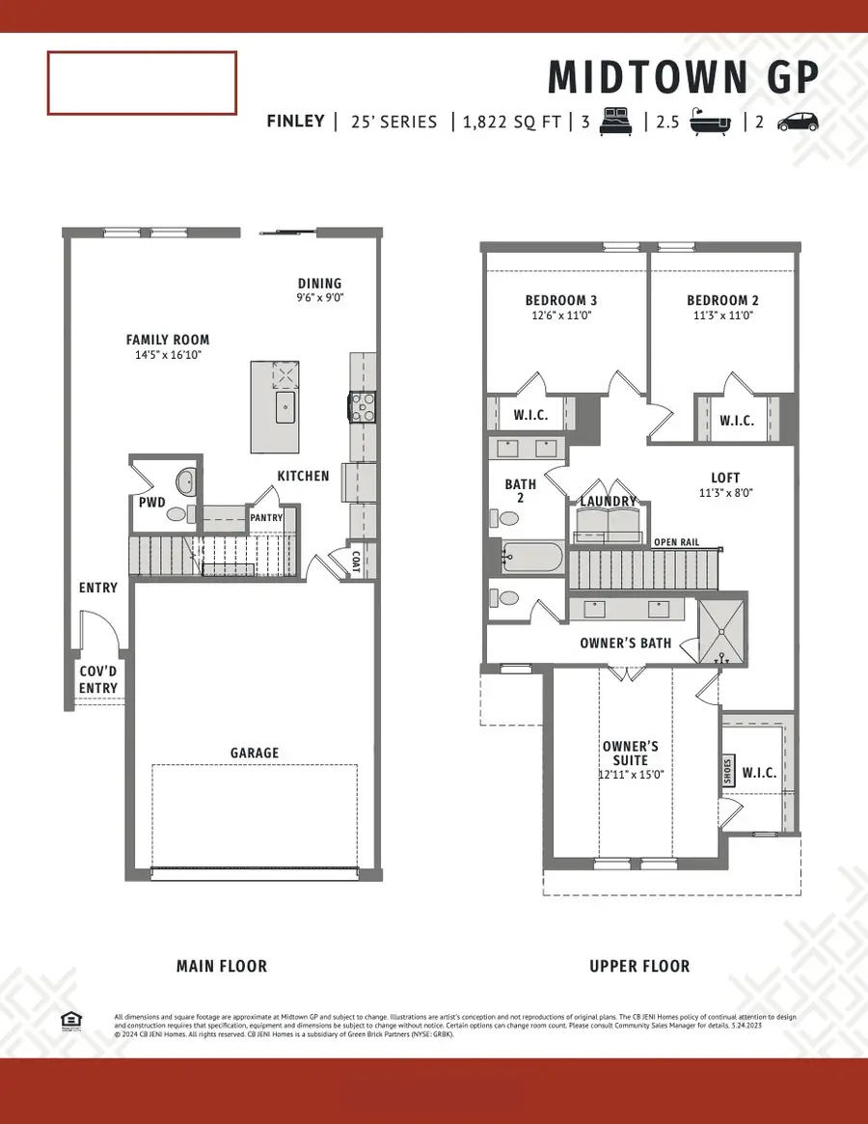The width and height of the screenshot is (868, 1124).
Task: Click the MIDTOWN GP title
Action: tap(684, 77)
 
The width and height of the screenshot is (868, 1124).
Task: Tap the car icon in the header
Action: tap(797, 122)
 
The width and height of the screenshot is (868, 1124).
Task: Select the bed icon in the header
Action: tap(615, 122)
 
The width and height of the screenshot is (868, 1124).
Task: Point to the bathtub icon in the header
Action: tap(715, 122)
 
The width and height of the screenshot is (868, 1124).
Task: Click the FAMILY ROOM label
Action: tap(168, 340)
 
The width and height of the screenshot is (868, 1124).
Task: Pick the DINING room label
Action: tap(320, 284)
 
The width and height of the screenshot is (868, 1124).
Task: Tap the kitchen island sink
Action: tap(286, 408)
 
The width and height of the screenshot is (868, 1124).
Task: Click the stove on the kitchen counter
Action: tap(363, 408)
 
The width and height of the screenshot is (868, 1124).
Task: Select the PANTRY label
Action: tap(266, 518)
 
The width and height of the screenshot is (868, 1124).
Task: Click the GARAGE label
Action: tap(255, 753)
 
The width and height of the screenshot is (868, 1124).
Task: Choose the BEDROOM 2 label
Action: tap(719, 300)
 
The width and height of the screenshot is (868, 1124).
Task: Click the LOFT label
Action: tap(725, 478)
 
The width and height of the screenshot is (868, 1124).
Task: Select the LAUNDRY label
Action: tap(608, 502)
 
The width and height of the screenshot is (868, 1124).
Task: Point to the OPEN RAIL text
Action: tap(677, 542)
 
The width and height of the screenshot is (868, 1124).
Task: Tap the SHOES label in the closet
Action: tap(728, 771)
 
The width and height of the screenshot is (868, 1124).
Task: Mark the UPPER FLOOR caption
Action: tap(639, 966)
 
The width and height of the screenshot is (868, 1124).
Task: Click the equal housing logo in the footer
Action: tap(69, 1021)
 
